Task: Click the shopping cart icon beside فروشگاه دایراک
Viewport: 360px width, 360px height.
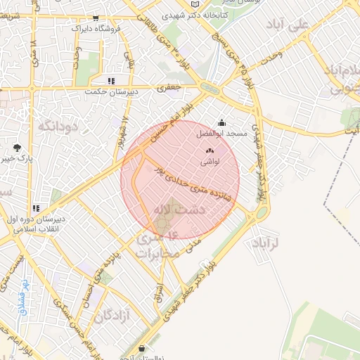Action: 96,18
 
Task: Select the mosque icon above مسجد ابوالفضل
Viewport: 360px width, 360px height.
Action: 223,122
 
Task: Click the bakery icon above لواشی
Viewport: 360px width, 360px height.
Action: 209,151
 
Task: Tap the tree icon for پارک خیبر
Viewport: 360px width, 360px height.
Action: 17,147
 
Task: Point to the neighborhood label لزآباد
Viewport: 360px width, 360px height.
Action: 265,243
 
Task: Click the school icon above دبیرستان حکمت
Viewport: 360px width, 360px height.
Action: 110,81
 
